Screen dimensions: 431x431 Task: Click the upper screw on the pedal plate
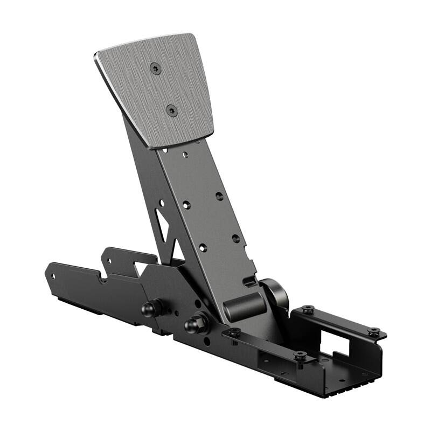coord(156,68)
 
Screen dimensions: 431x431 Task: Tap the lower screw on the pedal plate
coord(172,111)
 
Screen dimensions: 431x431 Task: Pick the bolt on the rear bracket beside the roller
coord(308,310)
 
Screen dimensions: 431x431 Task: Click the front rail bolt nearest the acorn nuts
coord(233,332)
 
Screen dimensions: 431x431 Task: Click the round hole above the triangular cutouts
coord(160,203)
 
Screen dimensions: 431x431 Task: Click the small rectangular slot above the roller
coord(248,281)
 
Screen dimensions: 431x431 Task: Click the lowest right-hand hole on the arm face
coord(235,238)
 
